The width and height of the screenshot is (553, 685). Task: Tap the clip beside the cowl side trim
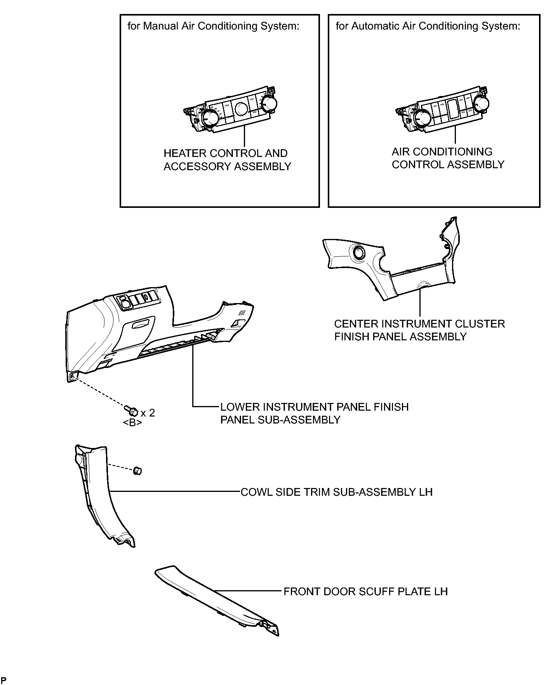click(137, 471)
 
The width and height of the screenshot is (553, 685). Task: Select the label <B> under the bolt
click(132, 423)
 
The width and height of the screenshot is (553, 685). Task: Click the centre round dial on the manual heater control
click(240, 108)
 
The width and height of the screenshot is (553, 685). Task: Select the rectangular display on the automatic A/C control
click(453, 109)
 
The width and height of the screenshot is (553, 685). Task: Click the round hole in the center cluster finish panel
click(358, 253)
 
